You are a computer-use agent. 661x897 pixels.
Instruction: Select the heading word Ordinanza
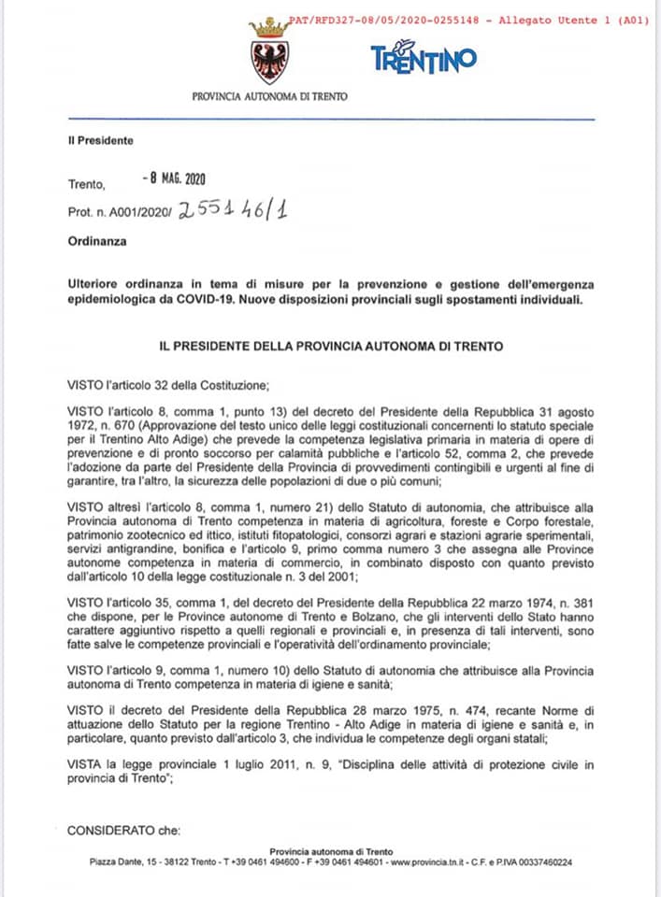point(96,240)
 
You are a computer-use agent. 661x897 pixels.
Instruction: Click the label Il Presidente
point(100,141)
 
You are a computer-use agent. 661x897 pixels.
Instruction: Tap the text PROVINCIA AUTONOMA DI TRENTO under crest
point(269,96)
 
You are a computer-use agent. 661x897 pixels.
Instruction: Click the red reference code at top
point(467,19)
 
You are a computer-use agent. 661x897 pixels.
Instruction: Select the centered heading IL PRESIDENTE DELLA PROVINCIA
point(331,346)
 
